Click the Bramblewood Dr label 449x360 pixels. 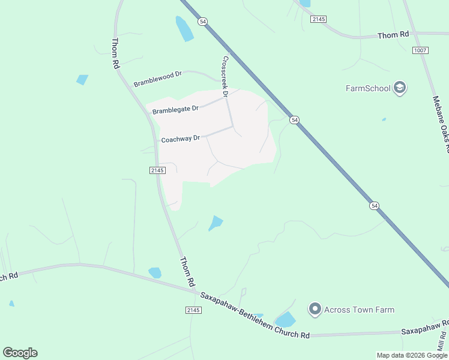coord(158,79)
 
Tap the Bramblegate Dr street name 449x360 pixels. coord(175,110)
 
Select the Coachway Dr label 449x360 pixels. coord(180,139)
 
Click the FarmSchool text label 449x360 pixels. coord(368,88)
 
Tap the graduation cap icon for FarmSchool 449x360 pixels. coord(400,88)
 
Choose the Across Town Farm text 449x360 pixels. coord(359,310)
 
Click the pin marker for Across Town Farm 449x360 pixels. coord(315,310)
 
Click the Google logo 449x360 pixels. coord(20,352)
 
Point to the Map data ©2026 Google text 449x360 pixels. coord(412,355)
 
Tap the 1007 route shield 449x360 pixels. coord(420,50)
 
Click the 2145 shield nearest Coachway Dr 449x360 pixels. coord(157,170)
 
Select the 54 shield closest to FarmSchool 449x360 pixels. coord(294,120)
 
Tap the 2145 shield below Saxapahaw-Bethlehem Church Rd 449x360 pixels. coord(193,310)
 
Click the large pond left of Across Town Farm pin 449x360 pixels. coord(285,320)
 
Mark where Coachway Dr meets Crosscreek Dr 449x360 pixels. coord(232,127)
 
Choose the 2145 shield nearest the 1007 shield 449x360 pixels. coord(319,19)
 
